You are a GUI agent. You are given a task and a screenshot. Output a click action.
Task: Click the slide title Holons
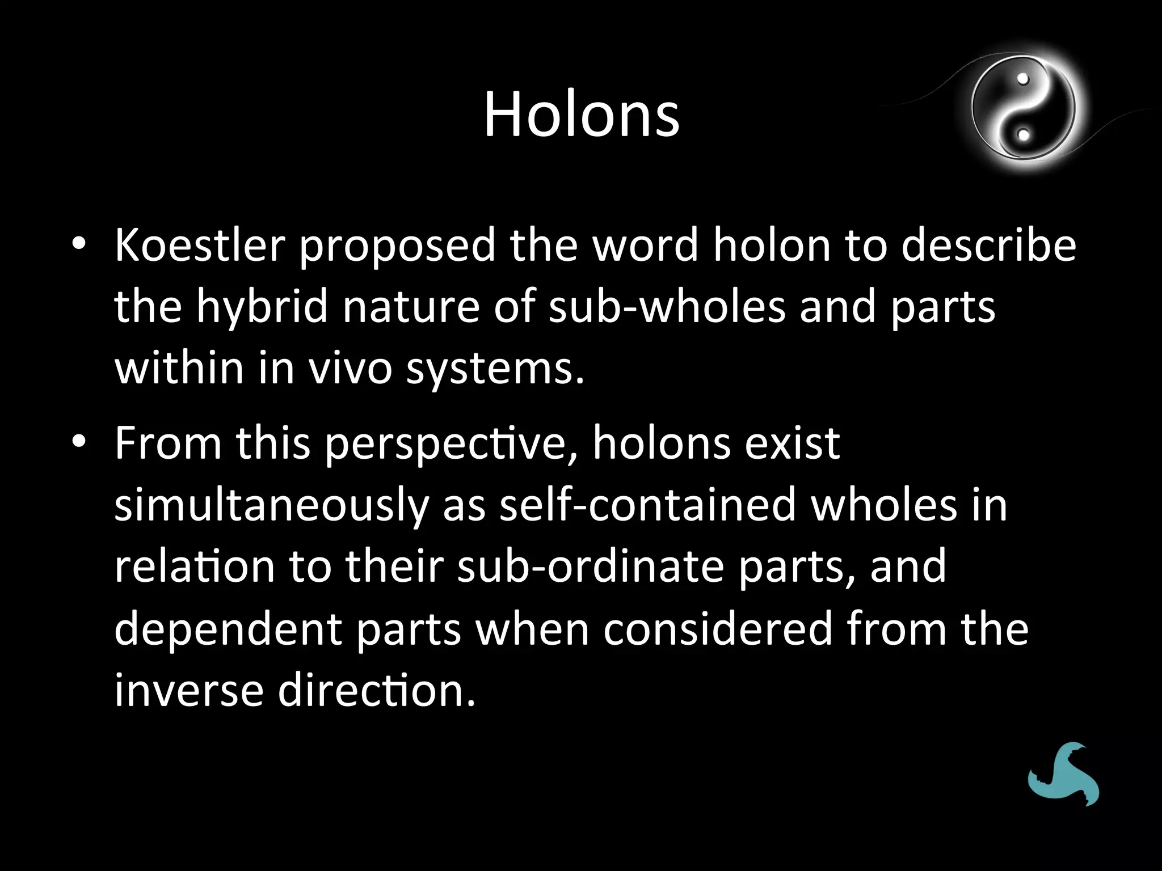pyautogui.click(x=581, y=115)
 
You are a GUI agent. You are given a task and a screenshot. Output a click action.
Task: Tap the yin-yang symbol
pyautogui.click(x=1023, y=107)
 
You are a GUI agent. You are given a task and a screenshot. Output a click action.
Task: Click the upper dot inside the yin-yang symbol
pyautogui.click(x=1023, y=79)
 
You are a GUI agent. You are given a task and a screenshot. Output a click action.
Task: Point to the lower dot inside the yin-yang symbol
pyautogui.click(x=1023, y=135)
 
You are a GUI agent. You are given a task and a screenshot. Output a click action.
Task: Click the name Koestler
pyautogui.click(x=200, y=246)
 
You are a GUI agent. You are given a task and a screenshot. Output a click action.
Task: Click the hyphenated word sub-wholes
pyautogui.click(x=667, y=307)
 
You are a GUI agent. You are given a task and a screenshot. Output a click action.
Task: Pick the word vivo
pyautogui.click(x=350, y=369)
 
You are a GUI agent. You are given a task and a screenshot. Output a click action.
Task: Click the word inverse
pyautogui.click(x=189, y=691)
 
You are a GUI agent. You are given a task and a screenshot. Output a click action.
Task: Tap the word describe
pyautogui.click(x=988, y=246)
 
